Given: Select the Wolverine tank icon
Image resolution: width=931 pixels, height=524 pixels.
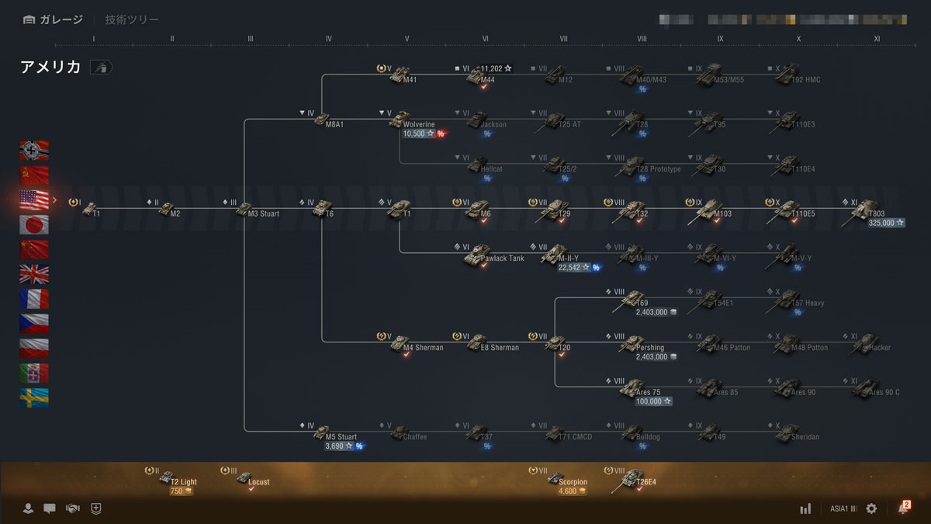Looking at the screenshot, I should pos(400,119).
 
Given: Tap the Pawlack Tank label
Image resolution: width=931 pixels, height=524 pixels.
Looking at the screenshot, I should pos(502,259).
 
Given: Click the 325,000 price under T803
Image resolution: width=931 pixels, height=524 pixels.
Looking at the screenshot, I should pos(886,223).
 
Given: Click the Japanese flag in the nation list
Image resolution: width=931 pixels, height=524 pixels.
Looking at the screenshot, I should pos(34,225).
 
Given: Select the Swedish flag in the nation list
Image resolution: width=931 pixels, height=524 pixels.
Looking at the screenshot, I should pos(34,398).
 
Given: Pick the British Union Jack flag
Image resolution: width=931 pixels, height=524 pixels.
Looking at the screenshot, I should pos(34,274).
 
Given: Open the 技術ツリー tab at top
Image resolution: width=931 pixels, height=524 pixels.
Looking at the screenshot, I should pos(132,19).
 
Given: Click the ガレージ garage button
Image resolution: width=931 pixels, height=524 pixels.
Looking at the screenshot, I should pos(53,19).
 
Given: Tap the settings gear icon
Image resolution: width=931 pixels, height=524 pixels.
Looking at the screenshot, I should pos(871,508).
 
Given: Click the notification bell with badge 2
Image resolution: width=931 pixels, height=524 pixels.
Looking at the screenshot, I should pos(903,508).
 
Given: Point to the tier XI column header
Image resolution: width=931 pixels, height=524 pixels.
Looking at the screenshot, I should pos(877,38).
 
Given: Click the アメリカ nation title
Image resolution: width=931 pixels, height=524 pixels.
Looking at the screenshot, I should pos(50,68).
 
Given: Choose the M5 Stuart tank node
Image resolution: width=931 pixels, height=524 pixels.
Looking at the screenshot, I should pos(323,432).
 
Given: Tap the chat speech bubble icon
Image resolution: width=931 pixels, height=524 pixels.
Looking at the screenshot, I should pos(50,508).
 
